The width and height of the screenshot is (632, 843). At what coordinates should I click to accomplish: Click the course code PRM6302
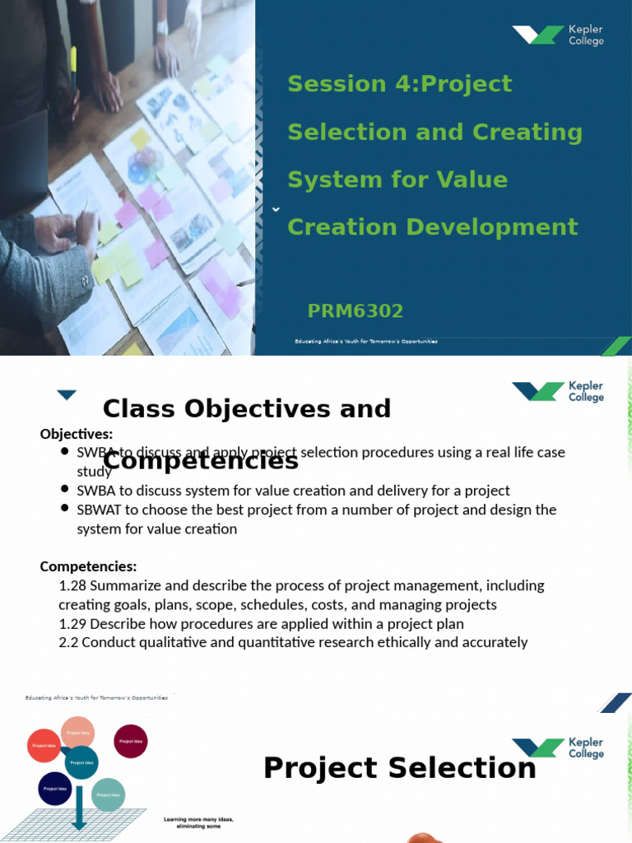point(355,311)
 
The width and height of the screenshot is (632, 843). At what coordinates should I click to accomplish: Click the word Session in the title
point(325,84)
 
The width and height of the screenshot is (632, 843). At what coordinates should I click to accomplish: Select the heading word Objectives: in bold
point(77,434)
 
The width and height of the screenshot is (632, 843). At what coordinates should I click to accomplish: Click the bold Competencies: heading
point(88,566)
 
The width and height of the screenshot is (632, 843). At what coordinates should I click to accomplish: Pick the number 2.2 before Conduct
point(68,642)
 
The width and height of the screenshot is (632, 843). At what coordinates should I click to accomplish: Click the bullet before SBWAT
point(65,509)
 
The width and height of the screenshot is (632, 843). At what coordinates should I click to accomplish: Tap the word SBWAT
point(98,510)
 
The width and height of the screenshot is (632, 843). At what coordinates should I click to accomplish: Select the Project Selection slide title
point(399,768)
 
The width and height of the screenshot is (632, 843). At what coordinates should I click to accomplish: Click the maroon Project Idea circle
point(130,741)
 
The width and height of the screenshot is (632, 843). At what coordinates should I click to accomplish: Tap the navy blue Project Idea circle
point(54,789)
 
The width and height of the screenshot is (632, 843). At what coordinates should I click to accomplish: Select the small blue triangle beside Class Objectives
point(67,395)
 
